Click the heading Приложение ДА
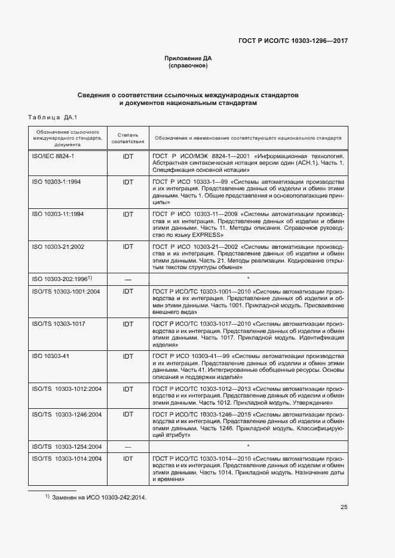(188, 58)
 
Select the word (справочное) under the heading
(188, 66)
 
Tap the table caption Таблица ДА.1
(53, 117)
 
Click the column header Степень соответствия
(128, 138)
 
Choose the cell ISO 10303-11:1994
(57, 214)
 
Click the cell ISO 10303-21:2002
(57, 246)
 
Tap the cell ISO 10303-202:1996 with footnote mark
(60, 279)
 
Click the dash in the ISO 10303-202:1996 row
(128, 279)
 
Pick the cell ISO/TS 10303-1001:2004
(65, 291)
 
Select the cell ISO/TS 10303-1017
(58, 323)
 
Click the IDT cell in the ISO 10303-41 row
(128, 356)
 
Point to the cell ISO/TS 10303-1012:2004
(66, 389)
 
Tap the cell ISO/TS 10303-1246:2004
(66, 414)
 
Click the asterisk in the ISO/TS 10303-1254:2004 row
(247, 446)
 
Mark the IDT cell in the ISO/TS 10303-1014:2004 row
(128, 458)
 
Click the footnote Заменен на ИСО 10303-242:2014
(99, 497)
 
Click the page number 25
(344, 507)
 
